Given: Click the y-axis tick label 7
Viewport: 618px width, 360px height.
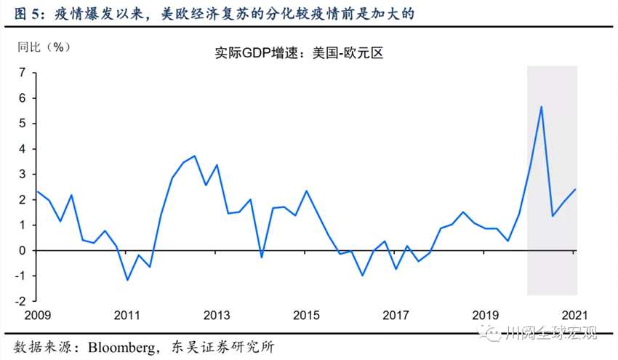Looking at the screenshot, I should (23, 73).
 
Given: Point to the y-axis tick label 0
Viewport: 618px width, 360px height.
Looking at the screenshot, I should (23, 250).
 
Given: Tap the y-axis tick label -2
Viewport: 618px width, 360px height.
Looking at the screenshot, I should (21, 301).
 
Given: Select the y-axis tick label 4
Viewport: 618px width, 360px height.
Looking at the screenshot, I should (23, 149).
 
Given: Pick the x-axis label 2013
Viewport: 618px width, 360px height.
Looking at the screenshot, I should (217, 316).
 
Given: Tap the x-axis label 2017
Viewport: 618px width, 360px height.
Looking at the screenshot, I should (396, 316).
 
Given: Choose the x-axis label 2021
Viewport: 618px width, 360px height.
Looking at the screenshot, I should (574, 316).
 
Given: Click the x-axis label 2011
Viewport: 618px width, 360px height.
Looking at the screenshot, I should (127, 316).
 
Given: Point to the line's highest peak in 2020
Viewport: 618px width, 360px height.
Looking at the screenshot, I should (541, 107).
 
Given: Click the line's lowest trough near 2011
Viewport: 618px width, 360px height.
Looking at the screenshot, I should (127, 280).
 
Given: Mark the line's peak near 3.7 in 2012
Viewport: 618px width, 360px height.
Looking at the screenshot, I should (195, 156).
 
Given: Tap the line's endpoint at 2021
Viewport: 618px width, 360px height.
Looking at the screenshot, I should (574, 189).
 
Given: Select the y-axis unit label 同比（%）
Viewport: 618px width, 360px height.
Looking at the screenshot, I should (44, 46).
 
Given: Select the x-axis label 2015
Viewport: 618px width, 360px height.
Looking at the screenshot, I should (306, 316).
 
